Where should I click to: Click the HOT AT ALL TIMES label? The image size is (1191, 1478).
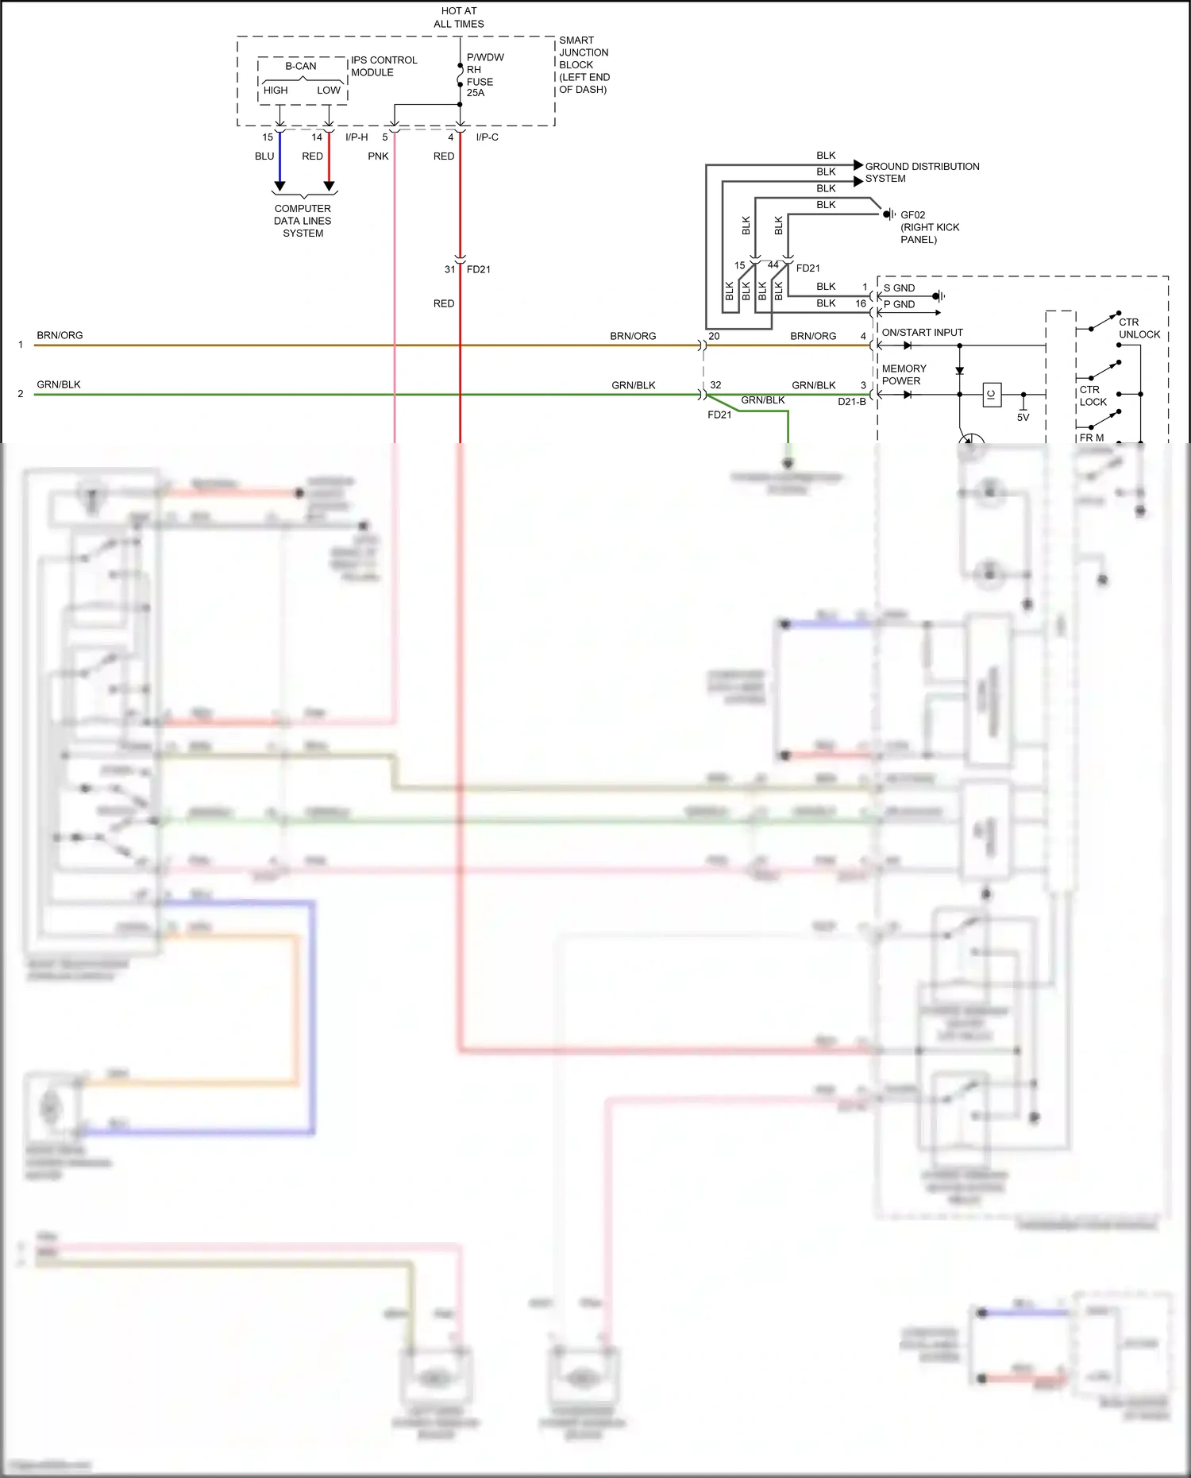pos(459,17)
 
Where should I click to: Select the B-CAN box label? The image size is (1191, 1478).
pos(301,66)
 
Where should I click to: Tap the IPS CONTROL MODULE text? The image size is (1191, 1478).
pos(384,66)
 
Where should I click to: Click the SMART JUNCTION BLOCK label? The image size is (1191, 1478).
pos(584,64)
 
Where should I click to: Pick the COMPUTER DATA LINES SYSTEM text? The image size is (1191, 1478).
pos(303,221)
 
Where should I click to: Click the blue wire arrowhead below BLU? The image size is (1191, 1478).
pos(279,187)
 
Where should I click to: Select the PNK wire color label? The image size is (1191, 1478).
pos(378,156)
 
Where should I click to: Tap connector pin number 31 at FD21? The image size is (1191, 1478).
pos(449,269)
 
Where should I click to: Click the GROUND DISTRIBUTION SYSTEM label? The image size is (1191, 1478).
pos(921,172)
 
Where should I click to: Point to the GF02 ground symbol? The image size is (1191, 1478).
pos(889,214)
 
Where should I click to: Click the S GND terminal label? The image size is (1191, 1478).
pos(899,288)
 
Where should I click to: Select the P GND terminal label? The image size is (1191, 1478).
pos(899,304)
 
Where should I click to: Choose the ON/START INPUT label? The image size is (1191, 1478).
pos(922,333)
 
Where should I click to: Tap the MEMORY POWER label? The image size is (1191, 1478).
pos(904,375)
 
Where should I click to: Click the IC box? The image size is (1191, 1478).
pos(992,395)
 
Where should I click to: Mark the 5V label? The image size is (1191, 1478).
pos(1023,417)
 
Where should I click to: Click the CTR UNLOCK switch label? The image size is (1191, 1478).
pos(1139,328)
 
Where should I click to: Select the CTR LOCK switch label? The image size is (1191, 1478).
pos(1093,396)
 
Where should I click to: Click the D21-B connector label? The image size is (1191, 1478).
pos(851,402)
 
